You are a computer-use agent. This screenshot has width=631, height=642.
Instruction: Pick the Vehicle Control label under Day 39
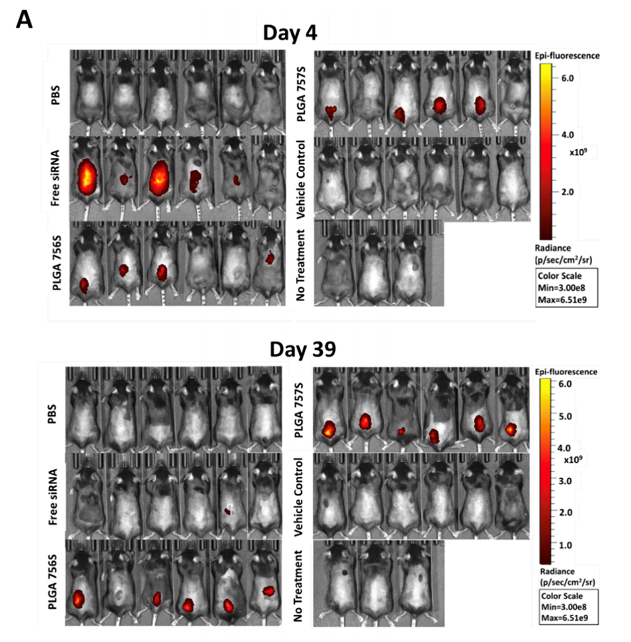(301, 495)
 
